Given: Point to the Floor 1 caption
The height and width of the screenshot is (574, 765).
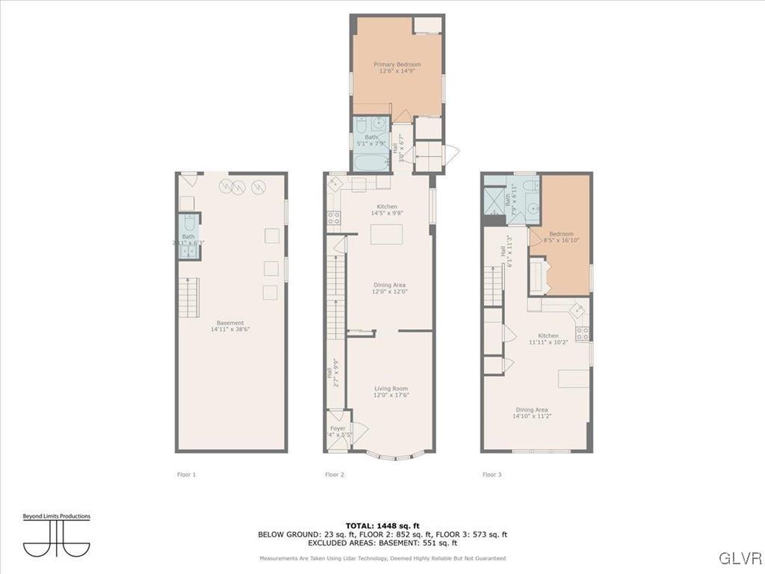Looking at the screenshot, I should pos(187,475).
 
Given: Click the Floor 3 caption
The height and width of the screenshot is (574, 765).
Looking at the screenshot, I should pos(492,475).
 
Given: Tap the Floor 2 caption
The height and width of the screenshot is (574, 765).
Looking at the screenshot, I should pos(334,475).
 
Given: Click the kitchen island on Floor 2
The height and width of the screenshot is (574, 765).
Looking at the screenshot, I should pos(386,234).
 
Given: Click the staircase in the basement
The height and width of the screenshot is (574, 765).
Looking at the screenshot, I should pos(188,297).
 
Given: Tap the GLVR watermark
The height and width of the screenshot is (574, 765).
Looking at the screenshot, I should pos(740,558).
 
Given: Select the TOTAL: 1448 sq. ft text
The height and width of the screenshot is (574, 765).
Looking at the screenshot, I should pos(382,525).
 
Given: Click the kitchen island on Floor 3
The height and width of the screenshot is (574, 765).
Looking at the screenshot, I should pos(573,378).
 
